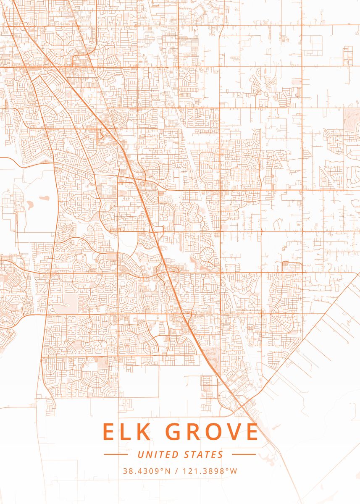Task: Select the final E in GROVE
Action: click(x=251, y=432)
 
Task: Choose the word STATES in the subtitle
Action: click(x=204, y=454)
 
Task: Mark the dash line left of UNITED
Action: click(x=116, y=454)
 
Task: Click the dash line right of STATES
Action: click(x=244, y=454)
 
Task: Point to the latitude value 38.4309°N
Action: click(x=147, y=471)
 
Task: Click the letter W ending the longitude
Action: click(x=234, y=471)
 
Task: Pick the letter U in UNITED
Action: click(x=140, y=454)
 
